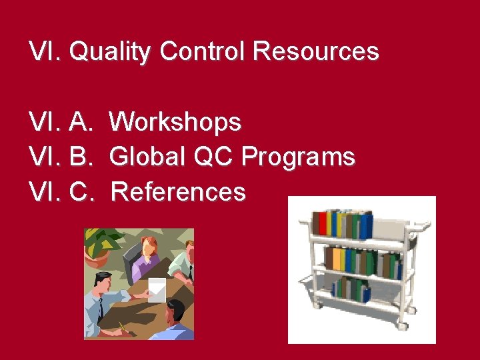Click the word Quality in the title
point(110,52)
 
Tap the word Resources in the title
point(317,51)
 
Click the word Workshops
point(175,123)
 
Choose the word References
point(178,192)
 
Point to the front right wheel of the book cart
point(402,326)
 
